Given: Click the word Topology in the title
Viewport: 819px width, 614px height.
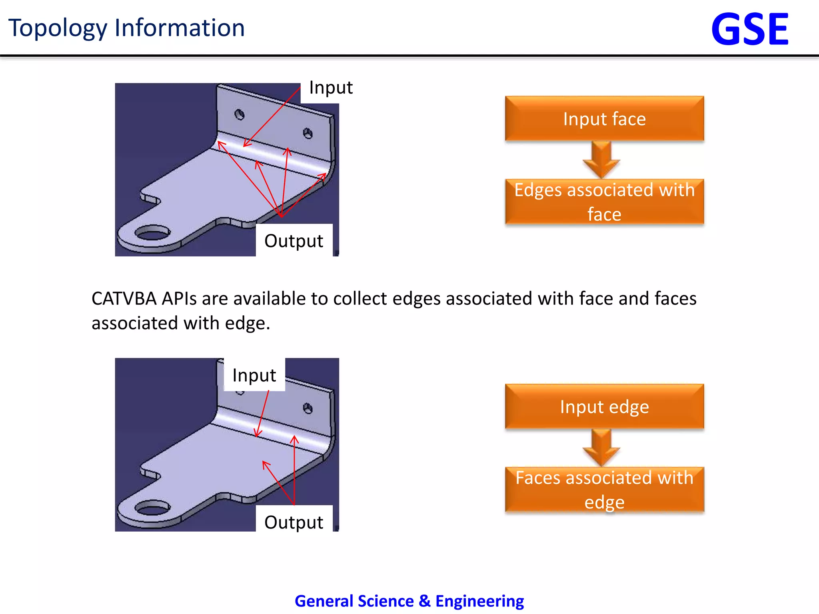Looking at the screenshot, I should (58, 28).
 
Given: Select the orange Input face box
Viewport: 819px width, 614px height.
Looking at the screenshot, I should (604, 119).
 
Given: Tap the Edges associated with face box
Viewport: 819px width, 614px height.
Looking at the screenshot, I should (604, 201).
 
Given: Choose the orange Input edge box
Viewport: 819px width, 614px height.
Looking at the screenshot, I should (604, 407).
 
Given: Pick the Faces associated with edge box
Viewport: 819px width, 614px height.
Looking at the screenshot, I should (604, 489).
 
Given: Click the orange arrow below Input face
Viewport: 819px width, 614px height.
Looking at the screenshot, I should (601, 159).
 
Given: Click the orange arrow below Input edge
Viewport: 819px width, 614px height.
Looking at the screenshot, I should (601, 447).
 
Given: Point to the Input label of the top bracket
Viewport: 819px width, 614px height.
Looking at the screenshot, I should (331, 88).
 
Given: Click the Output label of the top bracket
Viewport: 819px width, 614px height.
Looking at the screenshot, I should (294, 241).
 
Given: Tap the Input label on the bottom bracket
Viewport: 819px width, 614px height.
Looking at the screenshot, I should (254, 375).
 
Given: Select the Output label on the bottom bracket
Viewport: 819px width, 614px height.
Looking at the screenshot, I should (294, 522).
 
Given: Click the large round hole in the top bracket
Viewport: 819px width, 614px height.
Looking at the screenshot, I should (152, 233).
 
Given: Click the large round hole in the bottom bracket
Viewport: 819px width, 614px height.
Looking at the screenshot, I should (152, 508).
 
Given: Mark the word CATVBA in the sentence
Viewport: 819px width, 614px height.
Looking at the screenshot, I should (124, 299).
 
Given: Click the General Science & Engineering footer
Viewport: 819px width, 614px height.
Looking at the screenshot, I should (409, 601).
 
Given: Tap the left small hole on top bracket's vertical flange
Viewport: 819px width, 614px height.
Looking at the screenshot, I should (240, 115).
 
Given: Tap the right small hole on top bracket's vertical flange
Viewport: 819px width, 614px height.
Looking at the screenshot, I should (308, 133).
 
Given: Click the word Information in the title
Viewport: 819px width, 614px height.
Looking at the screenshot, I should (180, 28).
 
